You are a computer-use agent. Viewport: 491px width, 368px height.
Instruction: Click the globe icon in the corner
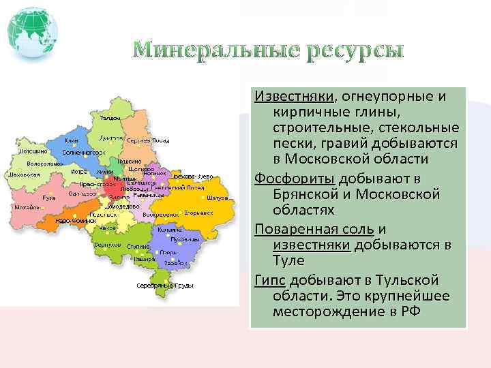click(x=32, y=32)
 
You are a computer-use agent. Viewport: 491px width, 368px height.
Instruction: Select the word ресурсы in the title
click(x=354, y=51)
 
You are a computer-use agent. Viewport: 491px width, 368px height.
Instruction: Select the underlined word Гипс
click(x=270, y=280)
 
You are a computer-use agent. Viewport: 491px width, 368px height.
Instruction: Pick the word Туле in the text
click(x=288, y=261)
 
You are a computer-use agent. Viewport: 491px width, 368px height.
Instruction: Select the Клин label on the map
click(x=72, y=140)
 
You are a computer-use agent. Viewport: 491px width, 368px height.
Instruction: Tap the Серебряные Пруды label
click(x=164, y=285)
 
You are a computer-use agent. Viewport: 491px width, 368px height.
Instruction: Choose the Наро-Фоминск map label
click(x=73, y=221)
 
